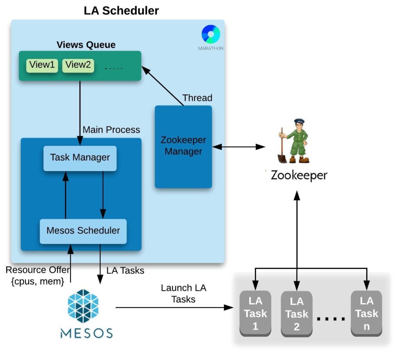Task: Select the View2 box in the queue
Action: [78, 65]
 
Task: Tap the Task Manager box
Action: [80, 158]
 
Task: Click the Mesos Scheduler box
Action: [83, 231]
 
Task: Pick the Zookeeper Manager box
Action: [183, 146]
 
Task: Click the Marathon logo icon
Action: [211, 34]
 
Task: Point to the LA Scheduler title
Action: [121, 11]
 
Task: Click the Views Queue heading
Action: [86, 45]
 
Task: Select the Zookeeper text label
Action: [299, 175]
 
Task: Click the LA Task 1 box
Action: [255, 313]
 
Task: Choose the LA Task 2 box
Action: [297, 313]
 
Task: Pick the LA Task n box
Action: [367, 313]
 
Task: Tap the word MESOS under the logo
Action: [86, 333]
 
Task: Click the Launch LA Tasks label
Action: [183, 293]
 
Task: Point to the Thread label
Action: [197, 98]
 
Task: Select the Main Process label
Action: [111, 129]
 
